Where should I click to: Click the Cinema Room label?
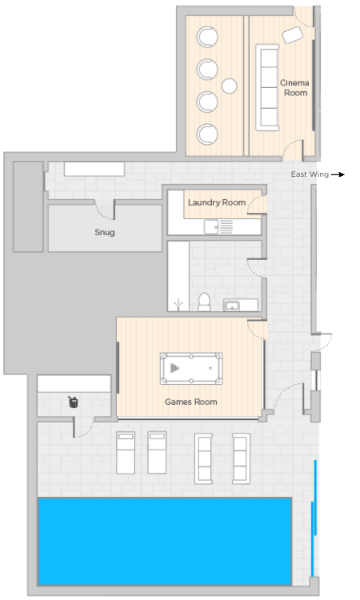pyautogui.click(x=294, y=88)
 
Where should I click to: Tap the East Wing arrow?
pyautogui.click(x=338, y=174)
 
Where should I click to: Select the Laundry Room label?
pyautogui.click(x=217, y=202)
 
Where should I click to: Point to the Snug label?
pyautogui.click(x=105, y=232)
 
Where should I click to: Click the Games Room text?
pyautogui.click(x=191, y=402)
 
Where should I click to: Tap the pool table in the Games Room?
pyautogui.click(x=191, y=369)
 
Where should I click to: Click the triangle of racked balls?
pyautogui.click(x=174, y=368)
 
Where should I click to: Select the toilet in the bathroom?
pyautogui.click(x=204, y=302)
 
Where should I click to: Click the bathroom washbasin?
pyautogui.click(x=232, y=306)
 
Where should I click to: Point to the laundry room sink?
pyautogui.click(x=210, y=226)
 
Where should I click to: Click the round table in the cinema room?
pyautogui.click(x=229, y=86)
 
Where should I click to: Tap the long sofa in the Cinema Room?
pyautogui.click(x=267, y=88)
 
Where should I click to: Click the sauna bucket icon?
pyautogui.click(x=73, y=402)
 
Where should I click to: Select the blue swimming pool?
pyautogui.click(x=165, y=541)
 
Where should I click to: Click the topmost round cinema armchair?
pyautogui.click(x=207, y=37)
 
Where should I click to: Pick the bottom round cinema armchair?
pyautogui.click(x=207, y=134)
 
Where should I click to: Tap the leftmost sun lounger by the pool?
pyautogui.click(x=126, y=452)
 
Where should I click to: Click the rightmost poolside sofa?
pyautogui.click(x=241, y=458)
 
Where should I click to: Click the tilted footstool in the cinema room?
pyautogui.click(x=292, y=35)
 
